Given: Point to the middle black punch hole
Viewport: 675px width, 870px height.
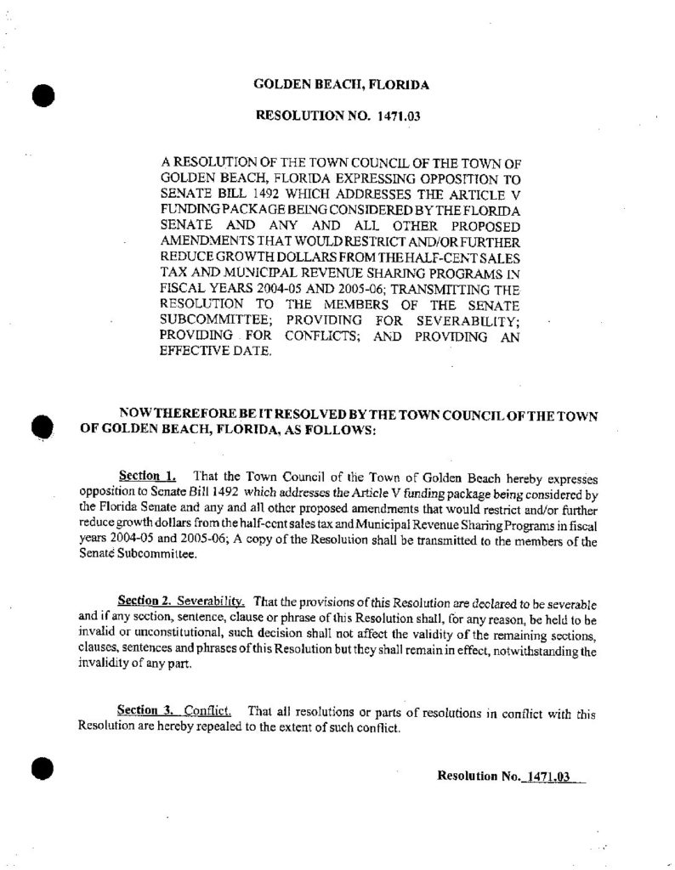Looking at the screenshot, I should tap(43, 425).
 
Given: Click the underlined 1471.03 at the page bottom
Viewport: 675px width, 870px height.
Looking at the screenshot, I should tap(547, 776).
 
